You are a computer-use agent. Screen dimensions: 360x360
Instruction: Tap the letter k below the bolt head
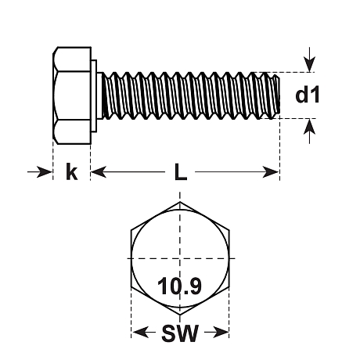pyautogui.click(x=71, y=171)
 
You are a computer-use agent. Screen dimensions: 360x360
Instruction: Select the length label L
pyautogui.click(x=181, y=172)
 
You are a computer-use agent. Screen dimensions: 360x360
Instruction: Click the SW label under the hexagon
pyautogui.click(x=180, y=333)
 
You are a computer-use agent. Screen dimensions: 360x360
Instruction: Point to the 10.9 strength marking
pyautogui.click(x=180, y=286)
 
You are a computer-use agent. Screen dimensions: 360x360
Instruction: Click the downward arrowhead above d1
pyautogui.click(x=309, y=64)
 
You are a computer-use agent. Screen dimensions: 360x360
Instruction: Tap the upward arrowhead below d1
pyautogui.click(x=309, y=127)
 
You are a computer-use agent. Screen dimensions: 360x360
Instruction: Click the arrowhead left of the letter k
pyautogui.click(x=45, y=172)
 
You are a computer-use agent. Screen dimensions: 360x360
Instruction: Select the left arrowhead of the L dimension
pyautogui.click(x=99, y=172)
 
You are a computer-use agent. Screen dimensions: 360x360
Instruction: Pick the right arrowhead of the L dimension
pyautogui.click(x=271, y=172)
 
